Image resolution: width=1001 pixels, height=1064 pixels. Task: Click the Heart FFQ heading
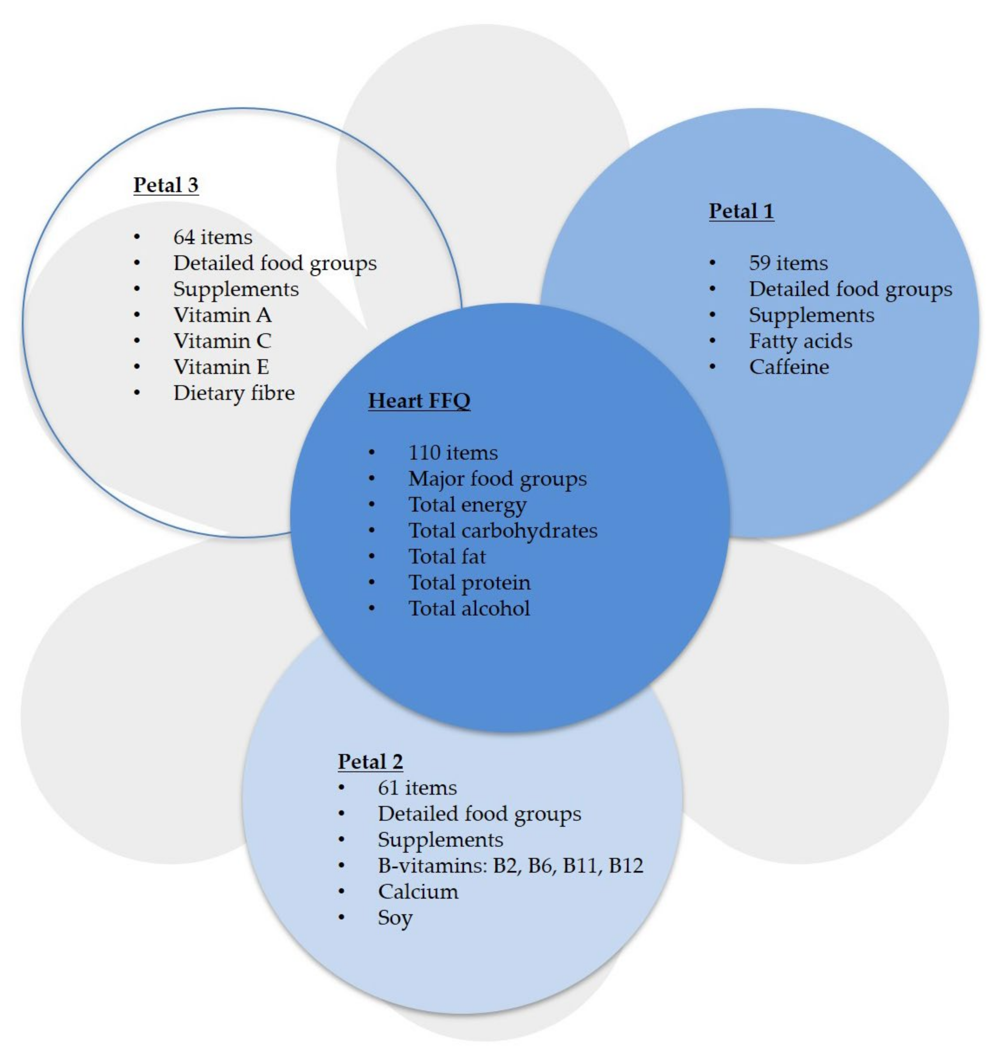pos(419,401)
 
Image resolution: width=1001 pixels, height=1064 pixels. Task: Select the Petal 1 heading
pos(741,211)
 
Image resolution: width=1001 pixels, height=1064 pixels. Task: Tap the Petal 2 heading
pos(370,761)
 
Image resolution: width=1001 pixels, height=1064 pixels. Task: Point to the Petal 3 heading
pos(166,185)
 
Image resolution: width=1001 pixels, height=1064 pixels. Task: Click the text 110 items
pos(453,453)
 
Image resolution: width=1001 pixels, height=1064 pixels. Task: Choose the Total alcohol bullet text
pos(469,608)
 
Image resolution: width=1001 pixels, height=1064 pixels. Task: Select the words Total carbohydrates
pos(502,530)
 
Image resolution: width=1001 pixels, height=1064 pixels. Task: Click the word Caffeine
pos(788,367)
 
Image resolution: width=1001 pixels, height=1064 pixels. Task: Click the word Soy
pos(395,918)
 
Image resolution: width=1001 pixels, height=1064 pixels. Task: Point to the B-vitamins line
pos(510,865)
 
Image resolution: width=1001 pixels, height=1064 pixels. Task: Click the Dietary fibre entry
pos(234,393)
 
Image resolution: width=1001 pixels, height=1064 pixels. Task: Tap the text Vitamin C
pos(222,341)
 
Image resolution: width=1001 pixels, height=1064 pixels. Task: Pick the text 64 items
pos(213,237)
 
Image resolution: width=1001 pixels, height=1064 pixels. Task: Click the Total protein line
pos(469,582)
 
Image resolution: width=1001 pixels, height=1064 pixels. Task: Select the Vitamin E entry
pos(221,367)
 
